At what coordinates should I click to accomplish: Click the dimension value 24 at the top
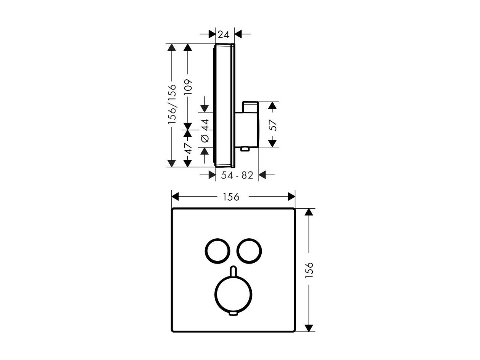pyautogui.click(x=224, y=35)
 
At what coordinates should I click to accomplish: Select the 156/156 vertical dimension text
pyautogui.click(x=172, y=104)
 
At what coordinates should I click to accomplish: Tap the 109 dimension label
pyautogui.click(x=188, y=87)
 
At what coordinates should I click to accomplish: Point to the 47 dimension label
pyautogui.click(x=188, y=149)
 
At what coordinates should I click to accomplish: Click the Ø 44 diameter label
pyautogui.click(x=205, y=130)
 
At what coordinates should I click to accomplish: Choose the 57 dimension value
pyautogui.click(x=273, y=125)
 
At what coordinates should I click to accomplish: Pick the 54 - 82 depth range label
pyautogui.click(x=237, y=175)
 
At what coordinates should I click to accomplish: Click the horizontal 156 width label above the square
pyautogui.click(x=231, y=197)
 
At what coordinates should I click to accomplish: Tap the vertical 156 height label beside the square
pyautogui.click(x=309, y=270)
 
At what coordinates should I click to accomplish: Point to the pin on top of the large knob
pyautogui.click(x=234, y=271)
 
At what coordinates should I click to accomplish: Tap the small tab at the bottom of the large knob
pyautogui.click(x=233, y=314)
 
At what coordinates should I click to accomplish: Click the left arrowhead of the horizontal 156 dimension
pyautogui.click(x=175, y=196)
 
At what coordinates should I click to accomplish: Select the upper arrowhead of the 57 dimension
pyautogui.click(x=272, y=106)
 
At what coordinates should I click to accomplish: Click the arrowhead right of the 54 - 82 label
pyautogui.click(x=262, y=175)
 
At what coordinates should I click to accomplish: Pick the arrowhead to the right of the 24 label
pyautogui.click(x=238, y=34)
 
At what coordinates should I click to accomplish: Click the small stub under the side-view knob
pyautogui.click(x=245, y=149)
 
